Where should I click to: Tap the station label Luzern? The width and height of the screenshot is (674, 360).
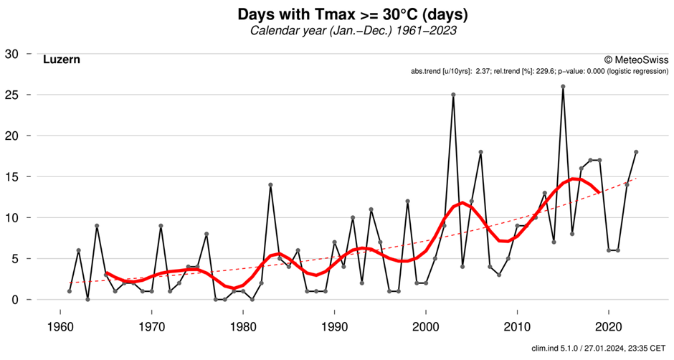pyautogui.click(x=61, y=60)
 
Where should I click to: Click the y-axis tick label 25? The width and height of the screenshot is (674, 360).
pyautogui.click(x=13, y=95)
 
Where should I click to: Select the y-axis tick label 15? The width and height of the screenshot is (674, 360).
pyautogui.click(x=13, y=177)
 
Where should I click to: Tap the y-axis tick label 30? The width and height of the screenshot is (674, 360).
pyautogui.click(x=13, y=55)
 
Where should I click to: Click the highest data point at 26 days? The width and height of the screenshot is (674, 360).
pyautogui.click(x=563, y=87)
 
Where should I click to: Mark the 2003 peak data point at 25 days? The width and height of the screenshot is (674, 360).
pyautogui.click(x=453, y=95)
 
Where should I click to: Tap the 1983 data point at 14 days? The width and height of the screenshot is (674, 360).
pyautogui.click(x=270, y=185)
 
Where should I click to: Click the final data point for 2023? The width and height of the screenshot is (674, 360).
pyautogui.click(x=636, y=152)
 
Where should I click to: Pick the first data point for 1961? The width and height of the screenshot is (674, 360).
pyautogui.click(x=70, y=291)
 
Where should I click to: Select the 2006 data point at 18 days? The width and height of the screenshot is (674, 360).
pyautogui.click(x=480, y=152)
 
